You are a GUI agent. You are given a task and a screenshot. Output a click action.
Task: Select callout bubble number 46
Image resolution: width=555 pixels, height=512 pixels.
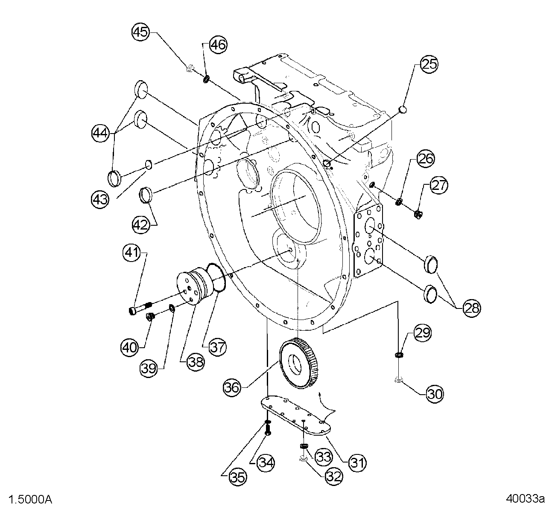point(218,44)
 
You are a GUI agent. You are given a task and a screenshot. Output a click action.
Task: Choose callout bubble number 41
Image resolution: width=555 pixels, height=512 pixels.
point(131,253)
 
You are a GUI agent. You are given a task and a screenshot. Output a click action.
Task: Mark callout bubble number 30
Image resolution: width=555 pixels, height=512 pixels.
point(435,393)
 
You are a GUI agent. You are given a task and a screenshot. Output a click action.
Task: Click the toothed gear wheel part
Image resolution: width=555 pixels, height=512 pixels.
point(301,362)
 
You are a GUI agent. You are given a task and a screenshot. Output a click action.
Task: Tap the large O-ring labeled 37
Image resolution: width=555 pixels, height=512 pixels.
point(216,278)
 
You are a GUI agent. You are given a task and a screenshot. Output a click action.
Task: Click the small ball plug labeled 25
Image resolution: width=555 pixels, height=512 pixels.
point(403,111)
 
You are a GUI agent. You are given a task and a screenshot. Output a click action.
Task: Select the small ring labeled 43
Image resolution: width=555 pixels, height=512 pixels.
point(149,164)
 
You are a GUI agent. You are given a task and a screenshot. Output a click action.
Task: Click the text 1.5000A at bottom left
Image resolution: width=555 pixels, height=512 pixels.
point(31,499)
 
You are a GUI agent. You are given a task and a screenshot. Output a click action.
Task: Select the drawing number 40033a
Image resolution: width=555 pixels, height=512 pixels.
point(525,499)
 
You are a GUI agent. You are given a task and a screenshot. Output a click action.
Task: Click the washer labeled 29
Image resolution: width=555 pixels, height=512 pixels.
point(399,354)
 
